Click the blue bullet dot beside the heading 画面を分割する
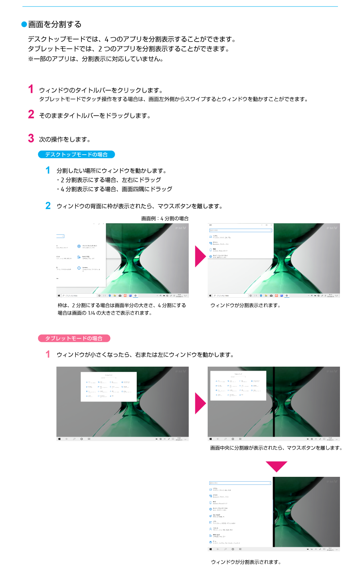click(x=24, y=24)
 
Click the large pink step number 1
click(x=31, y=89)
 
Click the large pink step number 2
click(x=31, y=114)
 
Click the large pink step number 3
click(x=31, y=138)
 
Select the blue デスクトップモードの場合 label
click(x=76, y=154)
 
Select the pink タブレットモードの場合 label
click(x=74, y=338)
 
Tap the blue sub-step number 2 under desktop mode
click(x=48, y=206)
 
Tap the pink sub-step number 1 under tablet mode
click(x=48, y=354)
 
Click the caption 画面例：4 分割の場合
click(x=165, y=218)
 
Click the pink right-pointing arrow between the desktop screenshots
click(x=200, y=256)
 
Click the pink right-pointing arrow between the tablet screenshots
click(x=200, y=403)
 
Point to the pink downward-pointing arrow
click(x=277, y=466)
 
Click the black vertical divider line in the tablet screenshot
click(x=274, y=401)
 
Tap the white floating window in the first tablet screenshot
click(x=109, y=386)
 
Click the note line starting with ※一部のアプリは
click(x=95, y=59)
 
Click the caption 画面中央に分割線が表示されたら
click(x=276, y=448)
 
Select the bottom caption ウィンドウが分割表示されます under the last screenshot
click(x=246, y=562)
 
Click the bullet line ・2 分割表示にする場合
click(x=109, y=180)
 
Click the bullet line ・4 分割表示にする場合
click(x=114, y=189)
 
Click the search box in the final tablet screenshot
click(x=240, y=483)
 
